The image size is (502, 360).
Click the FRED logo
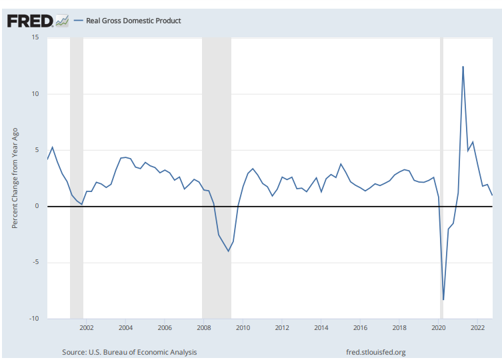[x=30, y=21]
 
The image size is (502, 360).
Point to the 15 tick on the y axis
[x=35, y=38]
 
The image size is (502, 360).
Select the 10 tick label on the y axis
[x=35, y=94]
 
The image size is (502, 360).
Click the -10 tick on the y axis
[x=33, y=318]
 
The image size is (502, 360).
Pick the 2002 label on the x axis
[x=86, y=328]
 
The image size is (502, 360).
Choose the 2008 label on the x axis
[x=204, y=328]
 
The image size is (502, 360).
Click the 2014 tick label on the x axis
[x=321, y=328]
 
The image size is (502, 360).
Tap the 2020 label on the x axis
[x=439, y=328]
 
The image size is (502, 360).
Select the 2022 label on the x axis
[x=478, y=328]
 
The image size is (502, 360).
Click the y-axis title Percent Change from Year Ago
[x=15, y=178]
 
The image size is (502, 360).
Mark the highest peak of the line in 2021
[x=463, y=67]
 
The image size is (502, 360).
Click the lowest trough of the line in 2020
[x=443, y=299]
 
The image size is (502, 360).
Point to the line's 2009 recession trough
[x=229, y=251]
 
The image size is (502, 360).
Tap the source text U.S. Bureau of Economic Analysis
[x=129, y=352]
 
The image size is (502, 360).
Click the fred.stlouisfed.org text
[x=376, y=352]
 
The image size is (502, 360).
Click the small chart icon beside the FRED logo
[x=62, y=21]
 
